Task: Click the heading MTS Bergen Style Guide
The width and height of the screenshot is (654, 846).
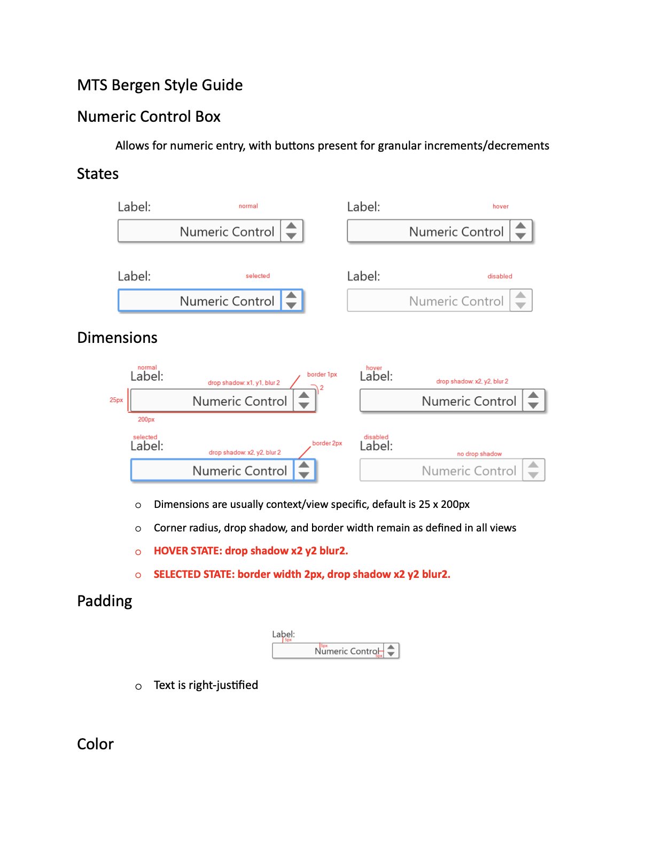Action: pyautogui.click(x=160, y=85)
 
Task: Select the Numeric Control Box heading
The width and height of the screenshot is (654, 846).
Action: pyautogui.click(x=149, y=117)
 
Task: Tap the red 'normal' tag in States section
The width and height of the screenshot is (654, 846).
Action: pyautogui.click(x=248, y=206)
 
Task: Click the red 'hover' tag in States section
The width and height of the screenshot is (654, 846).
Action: pyautogui.click(x=500, y=207)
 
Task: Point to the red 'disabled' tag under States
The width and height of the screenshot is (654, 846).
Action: pyautogui.click(x=500, y=276)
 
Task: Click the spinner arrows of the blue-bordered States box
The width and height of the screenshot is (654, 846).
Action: pyautogui.click(x=291, y=300)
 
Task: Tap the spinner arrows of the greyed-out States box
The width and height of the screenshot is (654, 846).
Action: pyautogui.click(x=520, y=300)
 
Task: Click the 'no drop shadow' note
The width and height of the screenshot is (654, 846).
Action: pyautogui.click(x=479, y=454)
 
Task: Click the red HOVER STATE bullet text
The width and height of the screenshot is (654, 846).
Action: pyautogui.click(x=251, y=551)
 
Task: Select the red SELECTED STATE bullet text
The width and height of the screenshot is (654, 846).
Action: pyautogui.click(x=302, y=574)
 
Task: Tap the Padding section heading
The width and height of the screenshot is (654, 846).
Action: pyautogui.click(x=105, y=601)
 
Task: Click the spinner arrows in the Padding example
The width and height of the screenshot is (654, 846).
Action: pyautogui.click(x=391, y=651)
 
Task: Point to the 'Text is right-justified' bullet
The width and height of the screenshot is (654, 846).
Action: pyautogui.click(x=206, y=685)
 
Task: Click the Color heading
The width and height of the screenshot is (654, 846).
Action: pyautogui.click(x=96, y=745)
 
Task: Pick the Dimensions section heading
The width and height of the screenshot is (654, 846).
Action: pyautogui.click(x=118, y=338)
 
